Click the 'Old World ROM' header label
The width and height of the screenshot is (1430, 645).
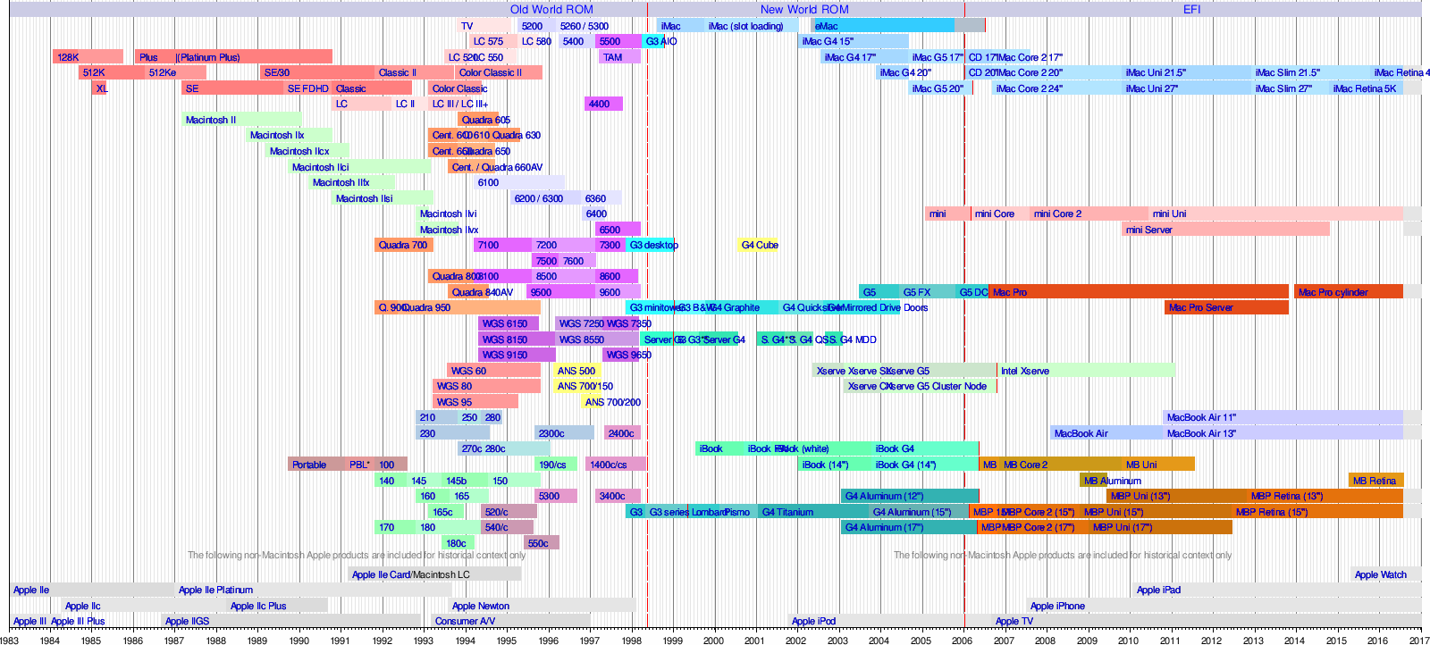coord(551,9)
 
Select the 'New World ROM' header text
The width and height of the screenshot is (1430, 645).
coord(804,9)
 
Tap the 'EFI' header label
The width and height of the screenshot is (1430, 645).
coord(1192,9)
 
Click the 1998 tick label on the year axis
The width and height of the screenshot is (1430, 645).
coord(631,640)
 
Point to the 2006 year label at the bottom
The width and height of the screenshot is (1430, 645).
coord(963,640)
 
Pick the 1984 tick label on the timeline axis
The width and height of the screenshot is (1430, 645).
coord(50,640)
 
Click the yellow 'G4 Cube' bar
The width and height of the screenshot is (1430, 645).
coord(759,245)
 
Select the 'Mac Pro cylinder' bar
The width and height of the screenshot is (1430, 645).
coord(1348,292)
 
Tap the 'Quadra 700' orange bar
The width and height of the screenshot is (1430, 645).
coord(403,245)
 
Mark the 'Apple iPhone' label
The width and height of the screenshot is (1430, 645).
coord(1057,606)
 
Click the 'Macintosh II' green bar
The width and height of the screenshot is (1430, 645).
coord(241,120)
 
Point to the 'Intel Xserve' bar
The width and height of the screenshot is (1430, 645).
coord(1085,371)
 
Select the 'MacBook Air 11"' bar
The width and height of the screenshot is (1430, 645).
coord(1282,417)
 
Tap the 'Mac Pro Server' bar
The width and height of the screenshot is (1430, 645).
coord(1226,307)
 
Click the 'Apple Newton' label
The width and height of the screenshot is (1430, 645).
coord(481,606)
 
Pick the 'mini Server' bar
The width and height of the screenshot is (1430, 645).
coord(1224,230)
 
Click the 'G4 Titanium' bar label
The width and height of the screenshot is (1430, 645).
coord(787,512)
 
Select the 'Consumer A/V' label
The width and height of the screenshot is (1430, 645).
coord(465,621)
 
